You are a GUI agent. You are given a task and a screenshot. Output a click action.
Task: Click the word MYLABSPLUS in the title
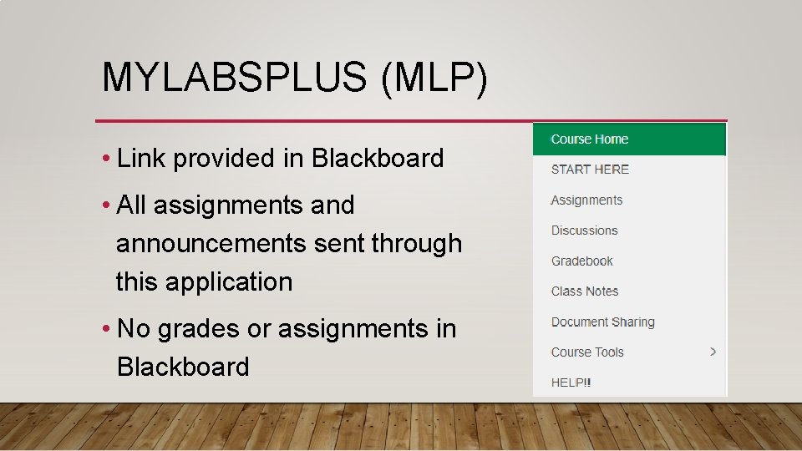(234, 78)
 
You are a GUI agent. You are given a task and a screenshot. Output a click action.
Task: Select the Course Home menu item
(590, 139)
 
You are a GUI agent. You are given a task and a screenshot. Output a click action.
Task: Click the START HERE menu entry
(590, 170)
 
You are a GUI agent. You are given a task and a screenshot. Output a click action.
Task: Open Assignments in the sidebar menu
(586, 200)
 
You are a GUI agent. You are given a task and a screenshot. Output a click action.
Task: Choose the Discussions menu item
(584, 231)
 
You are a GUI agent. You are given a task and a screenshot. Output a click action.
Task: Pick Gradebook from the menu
(581, 261)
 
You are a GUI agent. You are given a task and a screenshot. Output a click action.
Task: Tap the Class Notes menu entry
(584, 291)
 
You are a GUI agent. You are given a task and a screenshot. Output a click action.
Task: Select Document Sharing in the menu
(602, 322)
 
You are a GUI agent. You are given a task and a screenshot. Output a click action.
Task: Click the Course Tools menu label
(587, 352)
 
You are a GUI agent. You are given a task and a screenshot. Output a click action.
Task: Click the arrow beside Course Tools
(713, 352)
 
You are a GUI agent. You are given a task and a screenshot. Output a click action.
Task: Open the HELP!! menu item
(571, 383)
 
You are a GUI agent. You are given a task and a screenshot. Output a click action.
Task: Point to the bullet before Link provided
(107, 159)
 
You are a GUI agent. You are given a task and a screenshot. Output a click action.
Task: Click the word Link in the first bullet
(141, 158)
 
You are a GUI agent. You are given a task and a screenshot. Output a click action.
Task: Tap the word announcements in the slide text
(211, 244)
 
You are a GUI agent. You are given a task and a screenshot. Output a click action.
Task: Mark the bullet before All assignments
(107, 205)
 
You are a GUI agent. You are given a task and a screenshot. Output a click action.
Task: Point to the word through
(416, 244)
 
